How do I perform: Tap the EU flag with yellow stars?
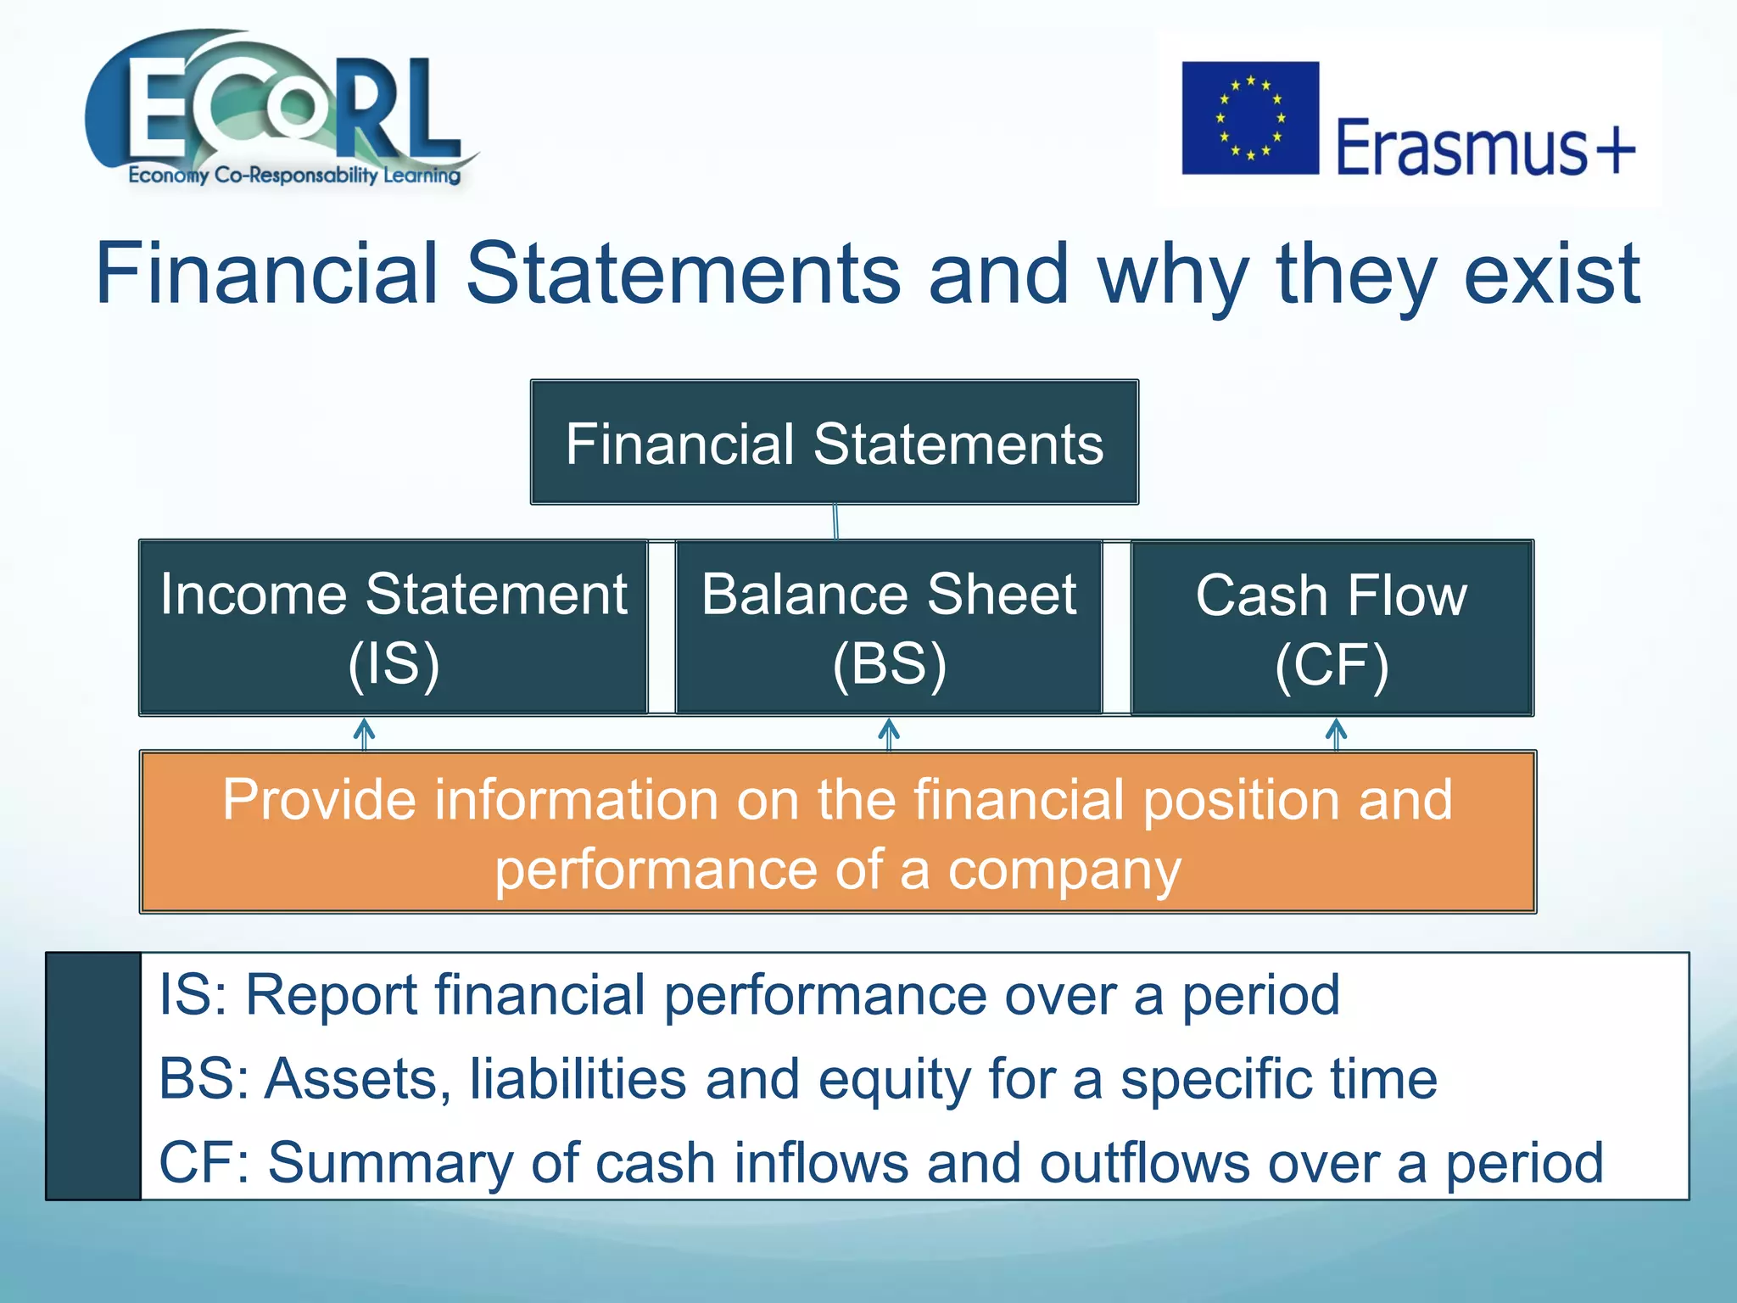pos(1250,118)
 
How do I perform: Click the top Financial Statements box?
pos(835,443)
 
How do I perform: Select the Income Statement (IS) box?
pos(394,628)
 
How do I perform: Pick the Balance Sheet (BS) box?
pos(889,628)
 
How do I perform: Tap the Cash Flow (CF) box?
pos(1332,628)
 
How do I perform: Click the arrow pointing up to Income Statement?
pos(364,734)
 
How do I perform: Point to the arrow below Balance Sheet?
pos(889,734)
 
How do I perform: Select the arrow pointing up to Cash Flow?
pos(1336,734)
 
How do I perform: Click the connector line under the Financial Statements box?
pos(835,522)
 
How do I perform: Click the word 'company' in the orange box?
pos(1064,872)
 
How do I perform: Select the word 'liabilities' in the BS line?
pos(578,1079)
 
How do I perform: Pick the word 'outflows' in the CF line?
pos(1144,1162)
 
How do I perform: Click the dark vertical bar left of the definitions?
pos(93,1076)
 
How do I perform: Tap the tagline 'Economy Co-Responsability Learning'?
pos(294,176)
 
